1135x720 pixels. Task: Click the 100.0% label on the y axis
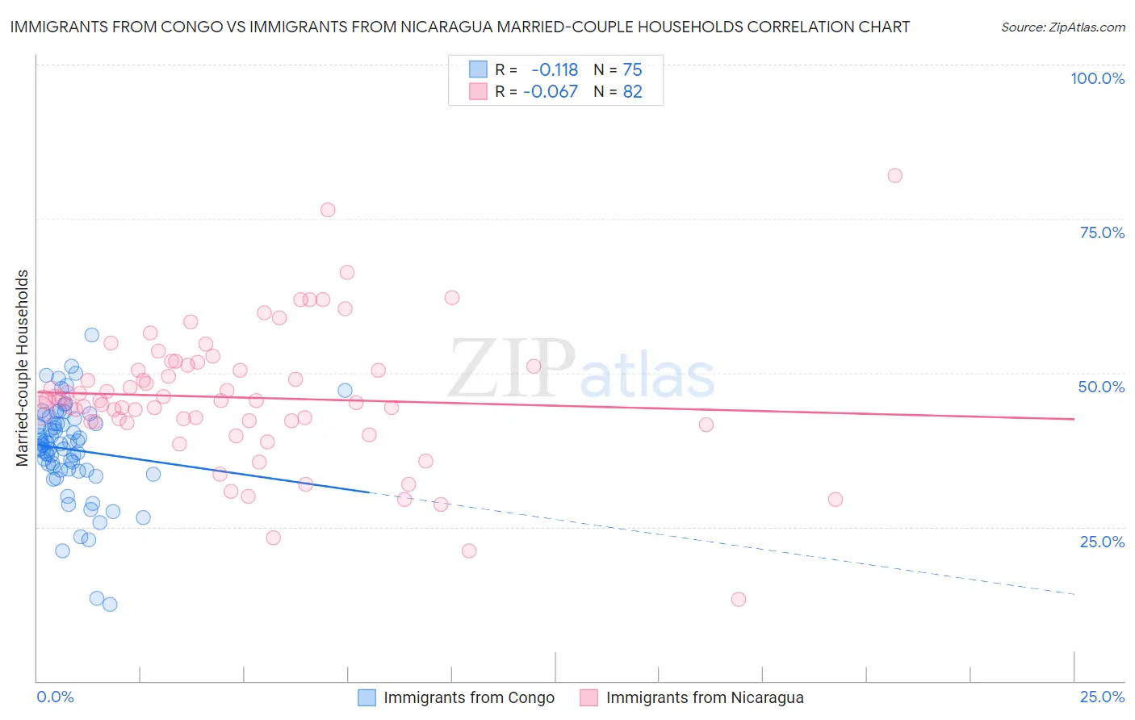pos(1097,78)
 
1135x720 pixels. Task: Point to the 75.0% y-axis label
pos(1102,232)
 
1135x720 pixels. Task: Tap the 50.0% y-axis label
pos(1101,387)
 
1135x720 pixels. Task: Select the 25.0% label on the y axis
pos(1102,542)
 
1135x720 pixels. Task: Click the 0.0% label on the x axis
pos(55,697)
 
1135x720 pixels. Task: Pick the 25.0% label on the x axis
pos(1102,697)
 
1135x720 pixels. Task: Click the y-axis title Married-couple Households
pos(23,368)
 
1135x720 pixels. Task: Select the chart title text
pos(459,27)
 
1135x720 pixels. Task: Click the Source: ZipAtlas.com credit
pos(1062,27)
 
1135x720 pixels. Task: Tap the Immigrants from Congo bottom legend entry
pos(468,698)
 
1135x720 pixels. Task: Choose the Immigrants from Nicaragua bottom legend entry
pos(704,698)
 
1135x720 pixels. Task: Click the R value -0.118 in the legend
pos(555,70)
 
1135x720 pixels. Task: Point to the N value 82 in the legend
pos(632,92)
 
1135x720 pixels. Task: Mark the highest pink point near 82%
pos(894,176)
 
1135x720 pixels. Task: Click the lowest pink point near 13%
pos(738,599)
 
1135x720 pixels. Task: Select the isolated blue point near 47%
pos(345,391)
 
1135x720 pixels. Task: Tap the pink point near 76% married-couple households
pos(328,210)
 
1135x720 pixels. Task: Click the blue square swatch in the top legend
pos(478,70)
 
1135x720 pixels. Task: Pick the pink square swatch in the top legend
pos(478,92)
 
